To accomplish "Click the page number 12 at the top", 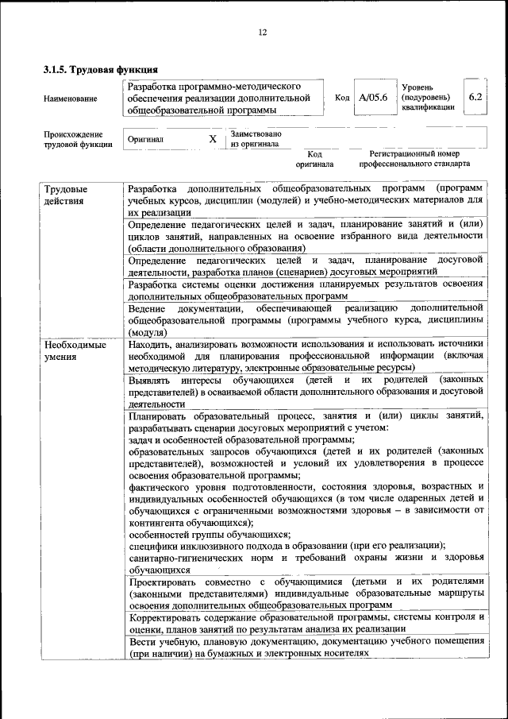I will pos(263,33).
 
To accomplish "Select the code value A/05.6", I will pos(372,98).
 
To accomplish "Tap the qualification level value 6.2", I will pos(475,97).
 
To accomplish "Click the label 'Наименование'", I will pos(71,99).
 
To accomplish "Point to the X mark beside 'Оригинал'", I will pos(212,139).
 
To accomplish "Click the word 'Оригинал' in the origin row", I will pos(145,139).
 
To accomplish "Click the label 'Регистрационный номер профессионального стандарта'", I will pos(414,158).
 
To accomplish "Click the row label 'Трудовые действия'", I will pos(66,196).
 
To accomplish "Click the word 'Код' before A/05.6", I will pos(342,98).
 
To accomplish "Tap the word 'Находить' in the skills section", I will pos(150,344).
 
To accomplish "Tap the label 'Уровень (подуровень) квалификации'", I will pos(428,97).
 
